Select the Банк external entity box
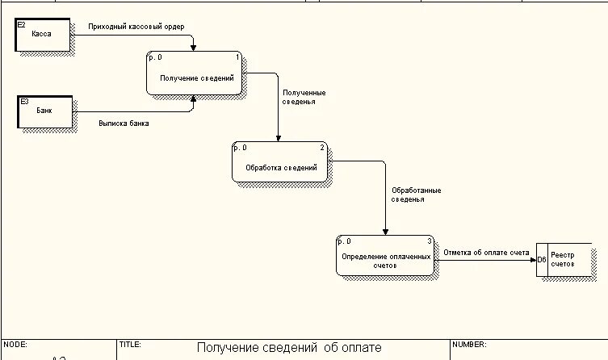coord(44,112)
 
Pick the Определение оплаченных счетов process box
coord(385,258)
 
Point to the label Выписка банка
coord(124,123)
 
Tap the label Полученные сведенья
coord(304,98)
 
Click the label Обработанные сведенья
coord(416,195)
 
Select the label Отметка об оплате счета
coord(486,252)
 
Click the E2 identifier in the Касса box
coord(22,26)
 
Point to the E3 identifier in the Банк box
coord(23,102)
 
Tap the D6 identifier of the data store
coord(542,260)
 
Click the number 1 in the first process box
coord(237,57)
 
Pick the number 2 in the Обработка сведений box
coord(322,148)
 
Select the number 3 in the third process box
coord(429,241)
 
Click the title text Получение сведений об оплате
coord(288,348)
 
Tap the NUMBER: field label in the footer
coord(468,344)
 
